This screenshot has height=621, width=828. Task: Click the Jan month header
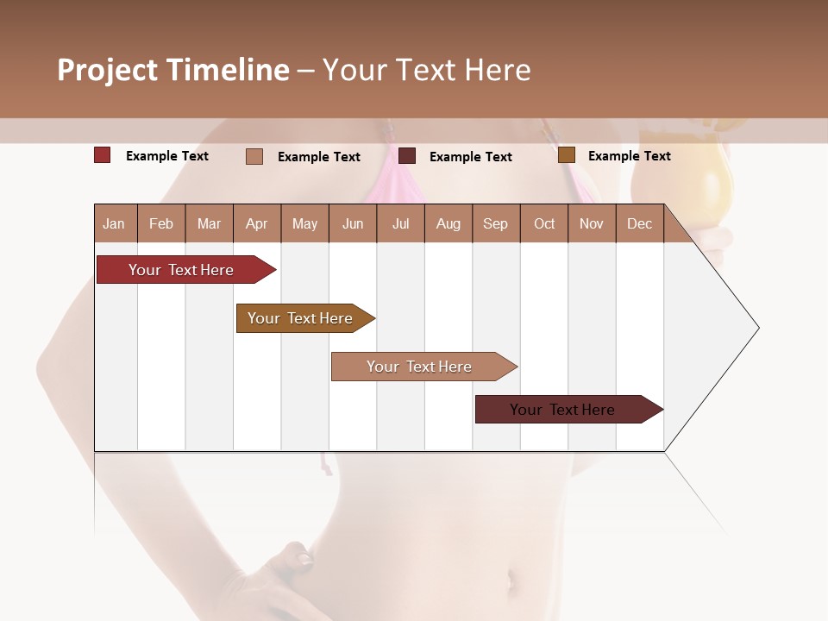click(115, 223)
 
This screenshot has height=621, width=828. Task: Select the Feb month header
click(161, 223)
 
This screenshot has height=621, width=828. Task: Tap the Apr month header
click(256, 223)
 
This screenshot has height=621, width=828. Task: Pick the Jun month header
click(353, 223)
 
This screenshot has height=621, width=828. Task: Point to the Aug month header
click(448, 223)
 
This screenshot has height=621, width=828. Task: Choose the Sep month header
click(495, 223)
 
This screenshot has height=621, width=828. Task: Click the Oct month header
click(544, 223)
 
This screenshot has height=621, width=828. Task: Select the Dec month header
click(639, 223)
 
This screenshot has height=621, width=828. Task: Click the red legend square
click(103, 155)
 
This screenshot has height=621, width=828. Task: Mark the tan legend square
click(254, 156)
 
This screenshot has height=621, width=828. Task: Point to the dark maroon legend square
click(407, 155)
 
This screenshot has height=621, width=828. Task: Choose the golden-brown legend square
click(566, 155)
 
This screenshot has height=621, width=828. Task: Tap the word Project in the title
click(107, 70)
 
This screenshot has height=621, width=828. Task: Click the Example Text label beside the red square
click(167, 156)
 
